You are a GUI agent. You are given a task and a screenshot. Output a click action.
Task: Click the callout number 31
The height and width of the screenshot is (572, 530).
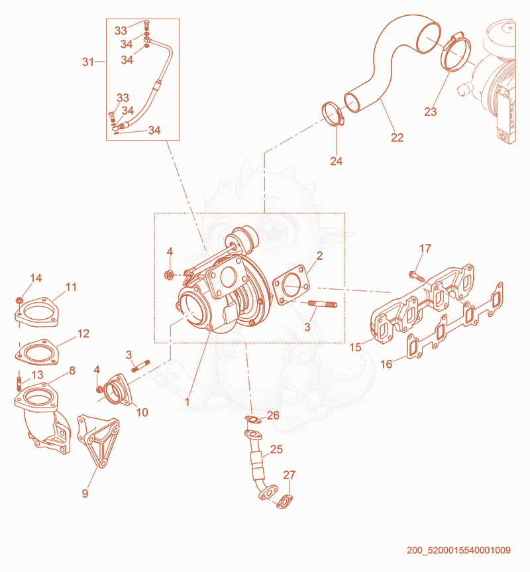pyautogui.click(x=88, y=62)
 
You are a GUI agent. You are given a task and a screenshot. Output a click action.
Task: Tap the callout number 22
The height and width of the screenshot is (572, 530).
pyautogui.click(x=397, y=137)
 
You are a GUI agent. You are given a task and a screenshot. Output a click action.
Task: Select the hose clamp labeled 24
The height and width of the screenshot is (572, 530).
pyautogui.click(x=333, y=114)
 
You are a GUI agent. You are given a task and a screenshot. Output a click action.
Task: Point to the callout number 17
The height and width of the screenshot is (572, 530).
pyautogui.click(x=425, y=249)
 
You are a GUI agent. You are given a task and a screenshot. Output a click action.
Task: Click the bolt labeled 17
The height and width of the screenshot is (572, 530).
pyautogui.click(x=417, y=276)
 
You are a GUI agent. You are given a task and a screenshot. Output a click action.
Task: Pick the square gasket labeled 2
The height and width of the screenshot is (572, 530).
pyautogui.click(x=291, y=285)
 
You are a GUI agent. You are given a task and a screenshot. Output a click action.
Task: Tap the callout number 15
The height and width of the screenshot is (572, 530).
pyautogui.click(x=355, y=347)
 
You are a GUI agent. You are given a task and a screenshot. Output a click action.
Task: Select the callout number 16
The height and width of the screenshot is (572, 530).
pyautogui.click(x=386, y=364)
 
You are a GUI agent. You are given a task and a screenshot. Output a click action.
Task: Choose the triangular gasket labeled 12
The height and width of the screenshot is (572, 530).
pyautogui.click(x=36, y=353)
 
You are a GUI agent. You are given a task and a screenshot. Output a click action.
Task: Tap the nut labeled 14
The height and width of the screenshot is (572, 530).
pyautogui.click(x=19, y=301)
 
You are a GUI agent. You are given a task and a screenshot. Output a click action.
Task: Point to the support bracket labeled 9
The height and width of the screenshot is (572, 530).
pyautogui.click(x=97, y=441)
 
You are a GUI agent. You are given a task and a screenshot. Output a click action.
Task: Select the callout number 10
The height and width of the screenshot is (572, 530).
pyautogui.click(x=142, y=412)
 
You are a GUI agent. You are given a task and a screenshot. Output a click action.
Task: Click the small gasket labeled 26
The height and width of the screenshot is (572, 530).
pyautogui.click(x=253, y=420)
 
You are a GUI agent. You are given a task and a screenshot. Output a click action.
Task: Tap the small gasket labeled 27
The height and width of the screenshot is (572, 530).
pyautogui.click(x=285, y=502)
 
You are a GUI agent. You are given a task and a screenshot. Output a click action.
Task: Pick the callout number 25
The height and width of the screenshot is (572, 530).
pyautogui.click(x=276, y=449)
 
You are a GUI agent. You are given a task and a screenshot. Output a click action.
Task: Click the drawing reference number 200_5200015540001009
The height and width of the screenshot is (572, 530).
pyautogui.click(x=458, y=550)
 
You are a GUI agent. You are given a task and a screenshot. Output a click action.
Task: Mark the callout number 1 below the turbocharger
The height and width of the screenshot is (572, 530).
pyautogui.click(x=187, y=402)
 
